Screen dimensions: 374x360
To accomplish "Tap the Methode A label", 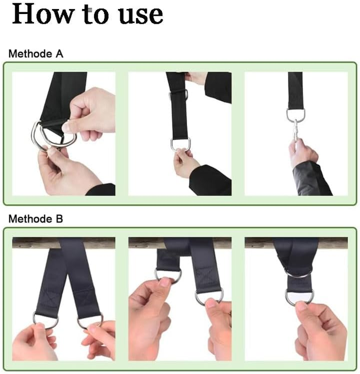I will coord(36,54).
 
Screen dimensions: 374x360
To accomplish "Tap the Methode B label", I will coord(36,219).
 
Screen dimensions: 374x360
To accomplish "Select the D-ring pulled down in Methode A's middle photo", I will coord(180,144).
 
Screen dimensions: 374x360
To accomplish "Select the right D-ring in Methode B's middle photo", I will coord(209,297).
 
